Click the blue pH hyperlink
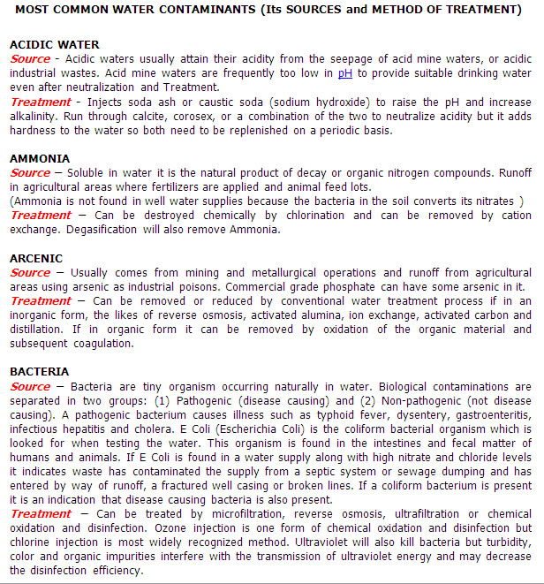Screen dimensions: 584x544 click(x=345, y=73)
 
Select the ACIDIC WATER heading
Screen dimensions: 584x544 click(x=54, y=44)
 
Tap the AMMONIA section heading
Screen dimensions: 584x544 click(x=40, y=158)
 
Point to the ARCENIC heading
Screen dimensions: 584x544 click(x=36, y=259)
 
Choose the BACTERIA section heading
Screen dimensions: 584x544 click(x=41, y=372)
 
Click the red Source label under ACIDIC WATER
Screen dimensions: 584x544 click(x=30, y=59)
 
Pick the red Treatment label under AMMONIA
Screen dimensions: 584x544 click(x=41, y=216)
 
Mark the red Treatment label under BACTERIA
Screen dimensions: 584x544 click(x=41, y=514)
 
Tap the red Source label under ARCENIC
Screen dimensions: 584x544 click(x=30, y=273)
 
